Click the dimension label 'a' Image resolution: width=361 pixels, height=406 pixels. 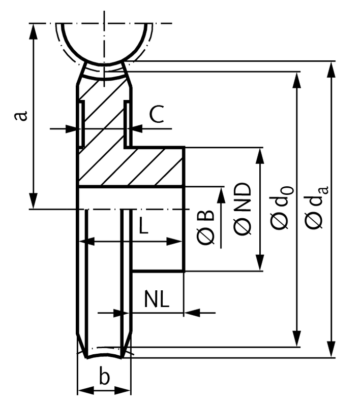pos(21,116)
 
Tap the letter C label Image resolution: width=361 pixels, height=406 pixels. pos(157,114)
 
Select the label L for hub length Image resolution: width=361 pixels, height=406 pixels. pos(143,225)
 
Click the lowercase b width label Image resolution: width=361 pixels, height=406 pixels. pos(104,377)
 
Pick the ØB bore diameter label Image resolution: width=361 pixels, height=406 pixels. pos(206,227)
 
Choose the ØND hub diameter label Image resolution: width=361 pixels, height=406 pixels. pos(243,209)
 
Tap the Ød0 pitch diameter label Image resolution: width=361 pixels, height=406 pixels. pos(282,208)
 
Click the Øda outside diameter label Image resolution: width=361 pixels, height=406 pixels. pos(316,208)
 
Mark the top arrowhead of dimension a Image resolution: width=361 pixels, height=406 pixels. pos(33,31)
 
